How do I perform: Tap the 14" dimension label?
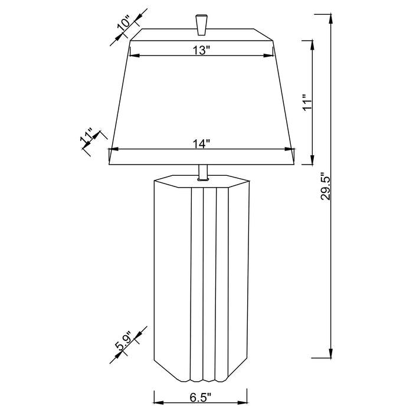tap(201, 143)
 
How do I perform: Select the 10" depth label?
tap(123, 25)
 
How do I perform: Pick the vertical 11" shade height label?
tap(306, 101)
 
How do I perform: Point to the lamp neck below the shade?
tap(202, 171)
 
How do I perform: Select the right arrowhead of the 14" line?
tap(292, 148)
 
